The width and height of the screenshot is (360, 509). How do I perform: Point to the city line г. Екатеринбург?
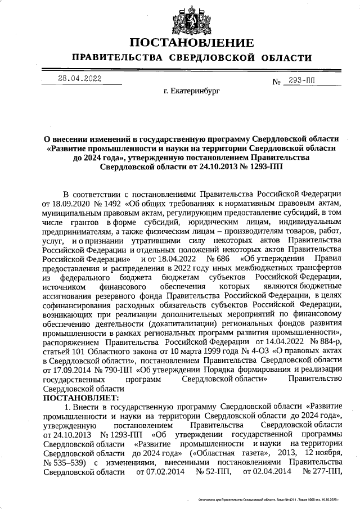[x=191, y=90]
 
